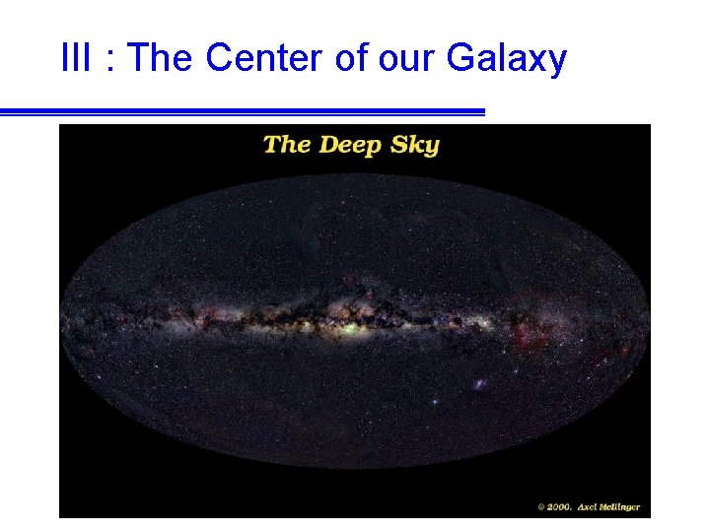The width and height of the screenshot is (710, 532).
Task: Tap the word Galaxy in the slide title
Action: pos(507,60)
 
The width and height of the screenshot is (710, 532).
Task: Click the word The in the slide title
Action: pos(162,59)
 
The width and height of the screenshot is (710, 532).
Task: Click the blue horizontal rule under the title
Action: pos(242,112)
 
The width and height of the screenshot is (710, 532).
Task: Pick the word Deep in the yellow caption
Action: pos(353,145)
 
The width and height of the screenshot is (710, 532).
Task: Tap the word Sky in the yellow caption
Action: pos(415,145)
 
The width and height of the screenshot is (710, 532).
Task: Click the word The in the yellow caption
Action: pos(287,144)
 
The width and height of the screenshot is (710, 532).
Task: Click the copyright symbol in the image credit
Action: pos(541,507)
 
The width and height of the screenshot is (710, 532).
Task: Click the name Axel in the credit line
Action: pos(590,507)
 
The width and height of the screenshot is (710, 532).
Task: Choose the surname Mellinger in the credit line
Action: pos(622,507)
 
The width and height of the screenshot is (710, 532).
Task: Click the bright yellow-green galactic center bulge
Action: pos(347,323)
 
